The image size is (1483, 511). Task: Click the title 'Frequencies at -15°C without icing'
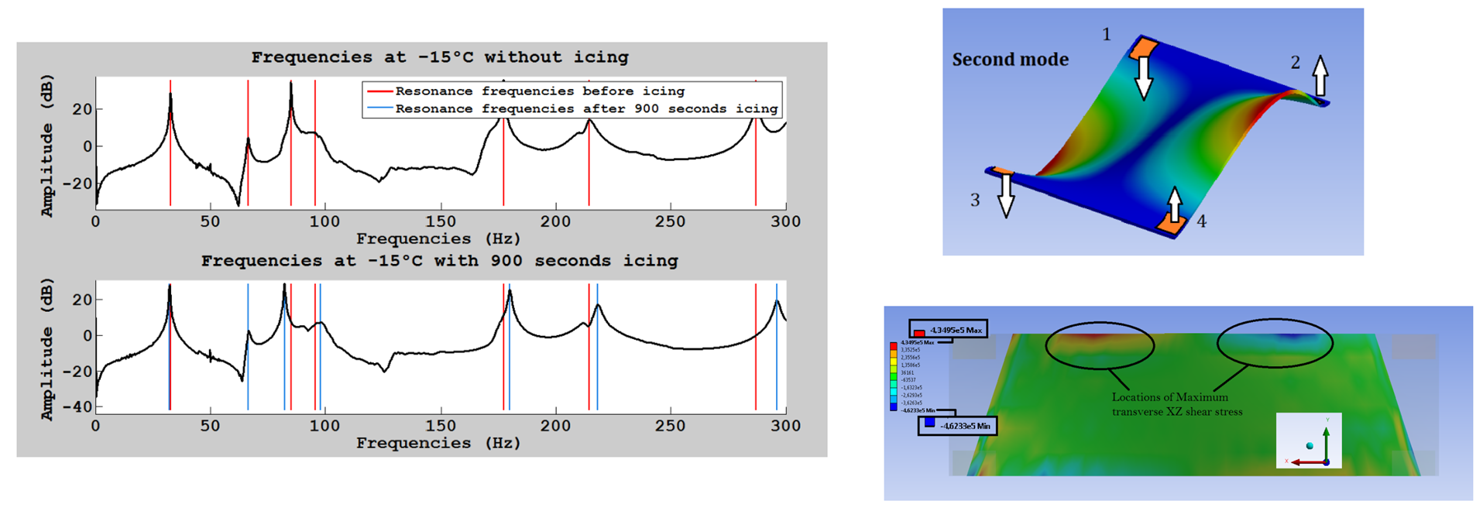click(440, 57)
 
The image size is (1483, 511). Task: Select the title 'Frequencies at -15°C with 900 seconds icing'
click(439, 261)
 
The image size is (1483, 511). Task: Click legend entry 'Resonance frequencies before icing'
click(540, 91)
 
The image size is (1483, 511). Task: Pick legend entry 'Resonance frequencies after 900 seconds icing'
click(586, 109)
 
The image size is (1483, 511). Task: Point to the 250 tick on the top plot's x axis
click(670, 221)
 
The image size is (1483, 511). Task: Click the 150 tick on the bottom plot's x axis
click(441, 426)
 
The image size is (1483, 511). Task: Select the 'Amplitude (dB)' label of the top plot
click(47, 146)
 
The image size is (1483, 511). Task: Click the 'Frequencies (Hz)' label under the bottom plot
click(438, 444)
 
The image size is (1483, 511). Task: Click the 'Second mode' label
click(1010, 60)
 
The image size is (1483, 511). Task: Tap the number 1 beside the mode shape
click(1107, 35)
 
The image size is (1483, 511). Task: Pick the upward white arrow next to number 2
click(1320, 75)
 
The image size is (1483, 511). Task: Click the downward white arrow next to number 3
click(1005, 194)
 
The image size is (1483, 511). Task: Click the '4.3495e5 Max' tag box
click(949, 330)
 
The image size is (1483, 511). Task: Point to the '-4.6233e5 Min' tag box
click(958, 425)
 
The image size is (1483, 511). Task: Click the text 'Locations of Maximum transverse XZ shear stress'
click(1176, 404)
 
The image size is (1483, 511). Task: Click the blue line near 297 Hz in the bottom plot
click(777, 348)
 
